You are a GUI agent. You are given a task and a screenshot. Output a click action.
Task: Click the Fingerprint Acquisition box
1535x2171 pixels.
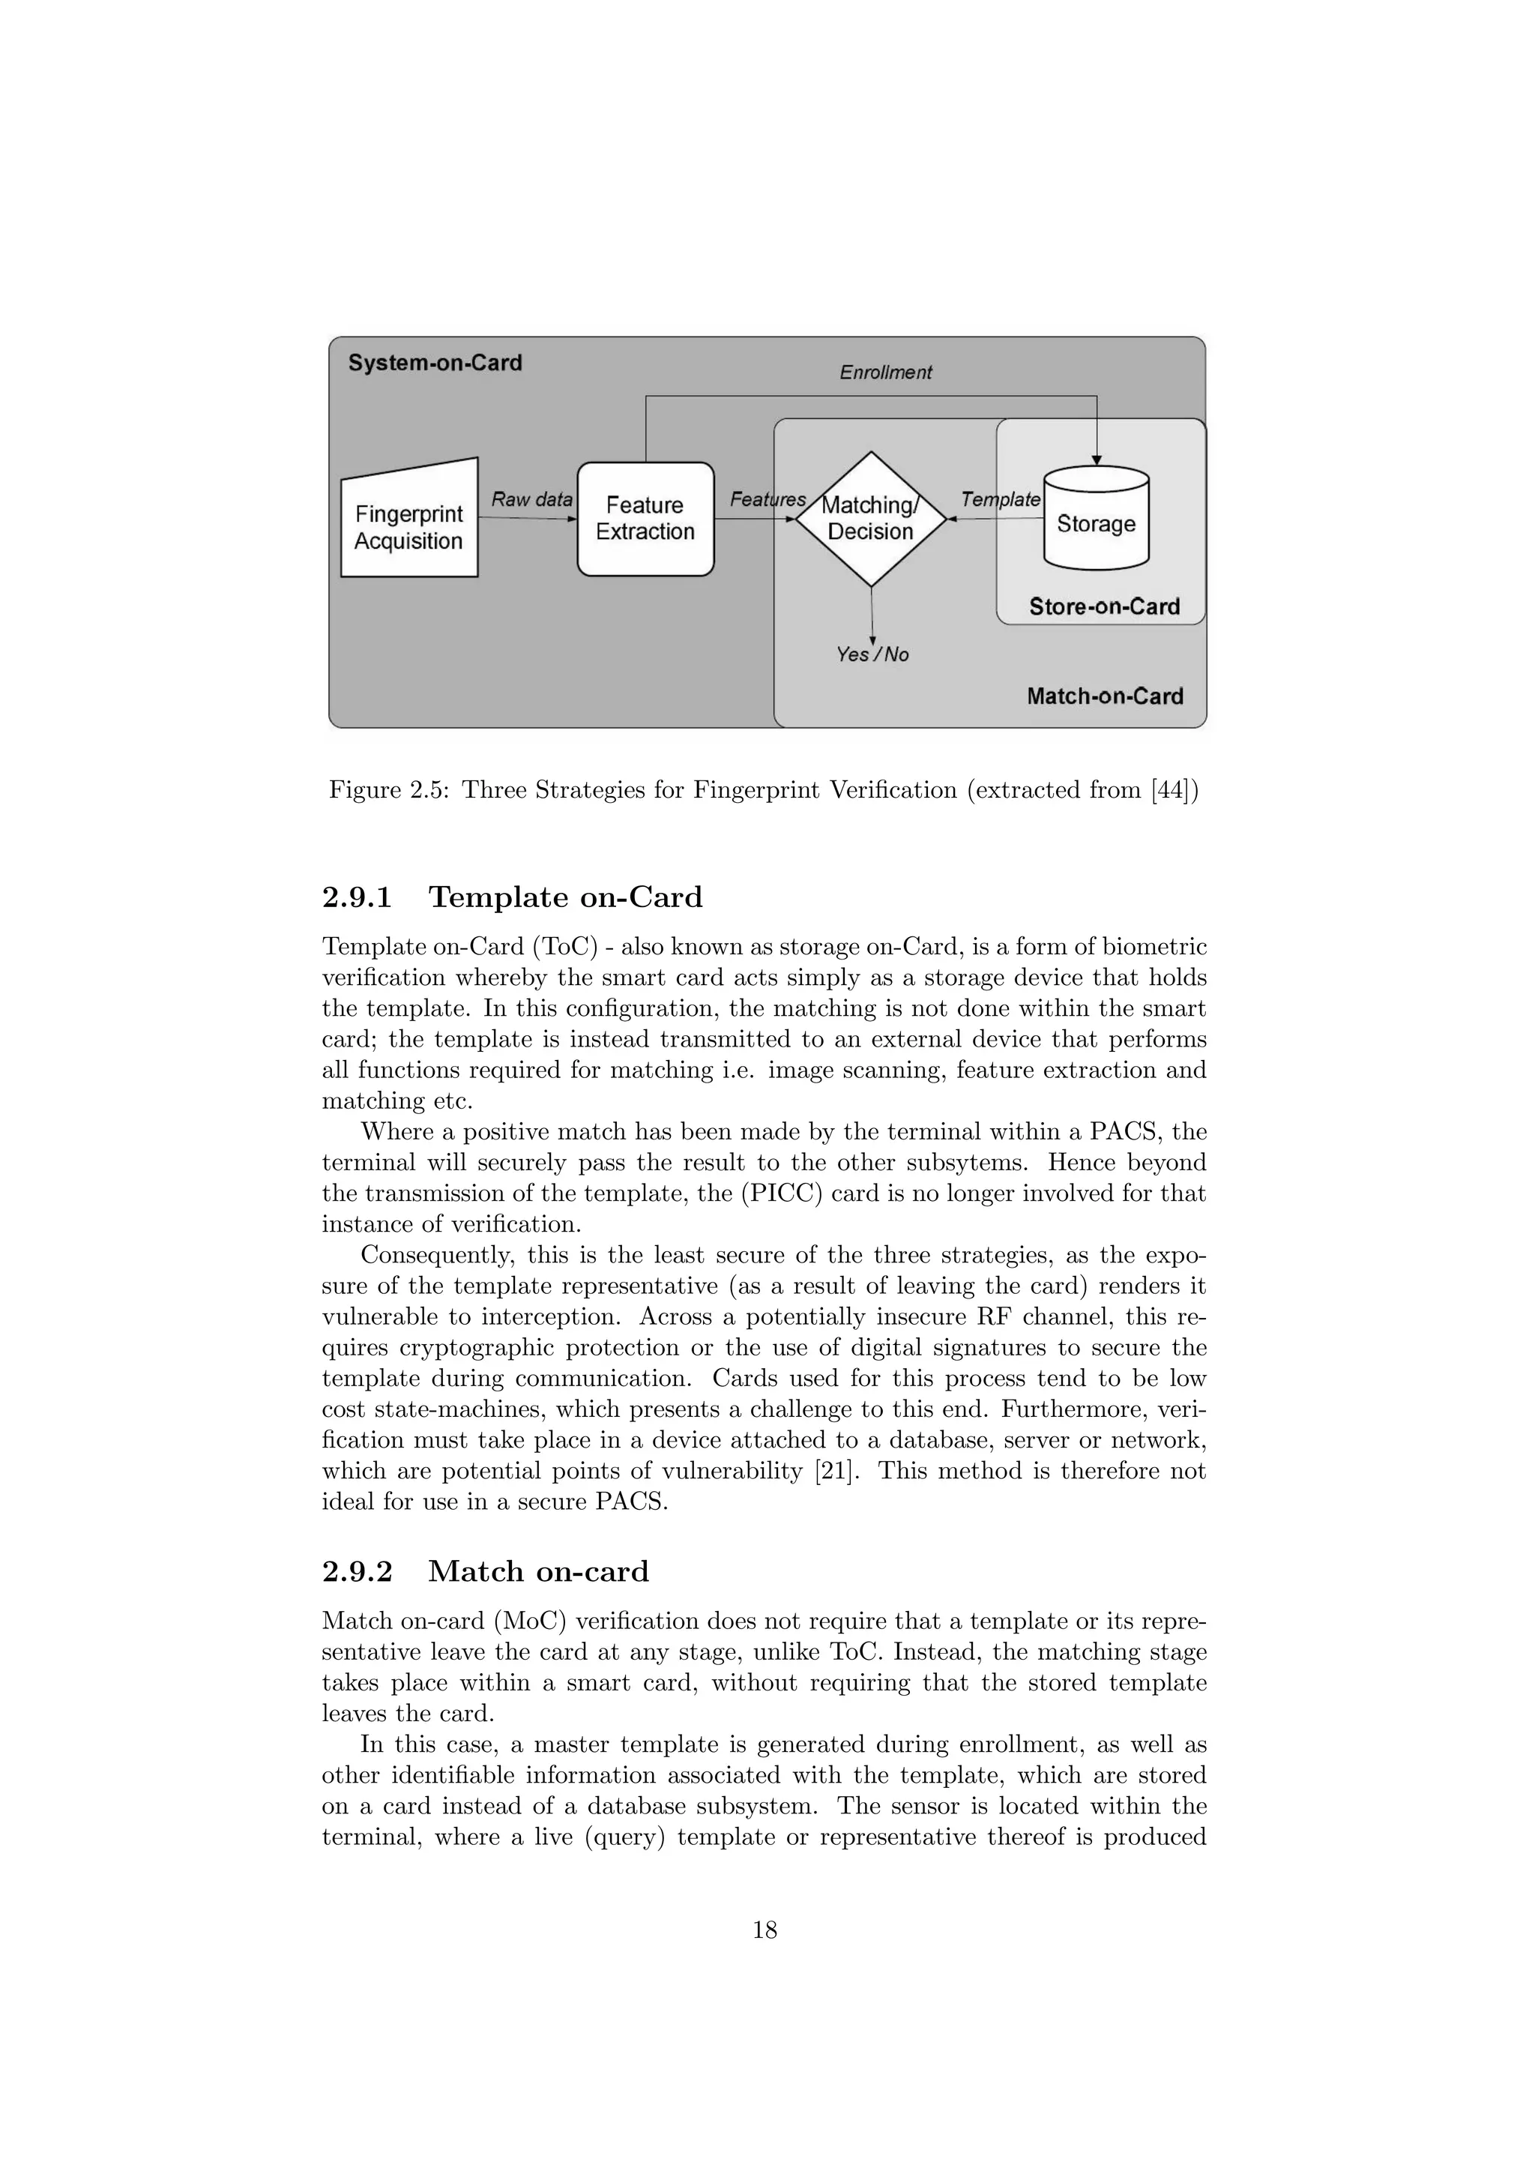[408, 526]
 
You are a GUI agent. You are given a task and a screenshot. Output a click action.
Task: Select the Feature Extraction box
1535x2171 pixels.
[645, 518]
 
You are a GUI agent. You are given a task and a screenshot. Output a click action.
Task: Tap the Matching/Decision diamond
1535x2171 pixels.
[870, 518]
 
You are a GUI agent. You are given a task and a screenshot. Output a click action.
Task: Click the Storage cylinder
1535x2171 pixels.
[1096, 523]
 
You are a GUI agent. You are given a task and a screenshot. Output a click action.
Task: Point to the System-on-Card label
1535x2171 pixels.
[435, 363]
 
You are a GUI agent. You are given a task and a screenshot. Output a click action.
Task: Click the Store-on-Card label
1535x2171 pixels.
[1104, 606]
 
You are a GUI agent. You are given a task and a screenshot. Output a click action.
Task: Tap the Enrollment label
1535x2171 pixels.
[886, 373]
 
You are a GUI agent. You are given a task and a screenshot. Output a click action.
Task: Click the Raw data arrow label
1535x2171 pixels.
[532, 499]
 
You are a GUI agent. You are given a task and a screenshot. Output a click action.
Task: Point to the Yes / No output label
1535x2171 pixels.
[872, 654]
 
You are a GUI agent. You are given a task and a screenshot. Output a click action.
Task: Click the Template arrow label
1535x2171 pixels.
[1000, 499]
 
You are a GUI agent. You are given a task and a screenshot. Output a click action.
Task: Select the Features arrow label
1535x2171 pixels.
[767, 499]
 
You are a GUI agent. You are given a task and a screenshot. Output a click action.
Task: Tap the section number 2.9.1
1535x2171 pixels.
[358, 897]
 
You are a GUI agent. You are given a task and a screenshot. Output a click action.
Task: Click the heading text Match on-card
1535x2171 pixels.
[538, 1571]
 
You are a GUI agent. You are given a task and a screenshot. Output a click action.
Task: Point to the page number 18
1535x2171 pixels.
[765, 1930]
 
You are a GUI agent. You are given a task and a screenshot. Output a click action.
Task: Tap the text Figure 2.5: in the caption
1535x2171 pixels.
[390, 789]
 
